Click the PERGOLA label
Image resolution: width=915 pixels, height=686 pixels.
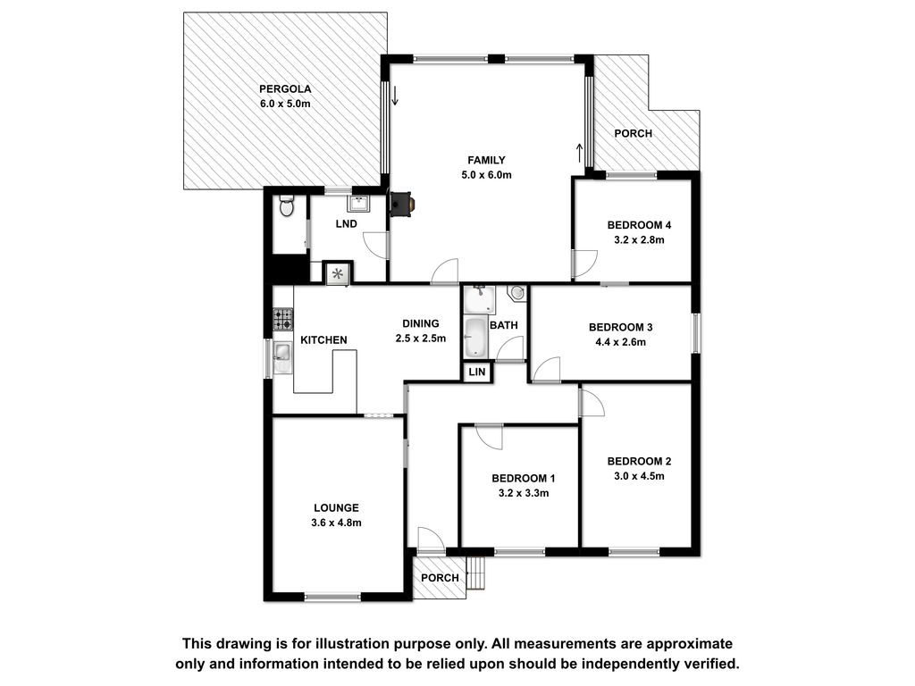[285, 89]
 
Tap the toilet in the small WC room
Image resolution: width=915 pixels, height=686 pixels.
[287, 205]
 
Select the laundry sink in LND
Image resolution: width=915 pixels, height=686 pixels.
[358, 203]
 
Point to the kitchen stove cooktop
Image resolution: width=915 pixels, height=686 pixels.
[283, 319]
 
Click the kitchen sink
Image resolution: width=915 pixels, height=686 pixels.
[283, 356]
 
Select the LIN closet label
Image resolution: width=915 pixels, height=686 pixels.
[477, 372]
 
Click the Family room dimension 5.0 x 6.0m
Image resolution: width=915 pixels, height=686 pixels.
[486, 175]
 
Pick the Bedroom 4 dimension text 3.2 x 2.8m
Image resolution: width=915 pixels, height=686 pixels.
[639, 239]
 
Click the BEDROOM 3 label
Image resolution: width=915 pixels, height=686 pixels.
[620, 327]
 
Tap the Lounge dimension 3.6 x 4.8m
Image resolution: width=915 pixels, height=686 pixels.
[336, 523]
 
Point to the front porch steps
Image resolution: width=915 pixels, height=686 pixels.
[477, 573]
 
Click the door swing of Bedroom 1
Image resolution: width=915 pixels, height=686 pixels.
[489, 437]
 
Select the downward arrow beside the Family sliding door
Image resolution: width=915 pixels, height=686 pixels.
[395, 96]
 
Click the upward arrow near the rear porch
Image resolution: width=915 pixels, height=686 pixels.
[579, 153]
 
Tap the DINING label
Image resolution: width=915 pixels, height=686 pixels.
[420, 323]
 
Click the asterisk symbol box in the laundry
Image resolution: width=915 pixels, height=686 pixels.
[338, 273]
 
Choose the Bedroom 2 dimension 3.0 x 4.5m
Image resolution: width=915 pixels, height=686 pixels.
[639, 476]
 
